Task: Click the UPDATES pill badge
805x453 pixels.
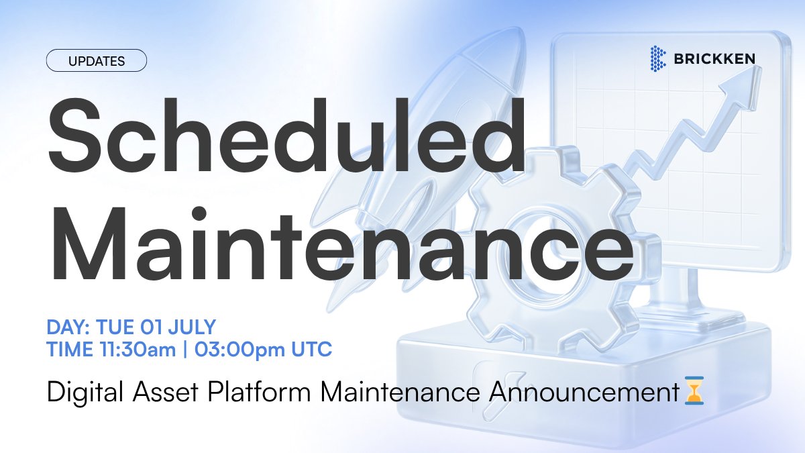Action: [x=96, y=61]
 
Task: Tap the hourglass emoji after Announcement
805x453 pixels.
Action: [x=695, y=391]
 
